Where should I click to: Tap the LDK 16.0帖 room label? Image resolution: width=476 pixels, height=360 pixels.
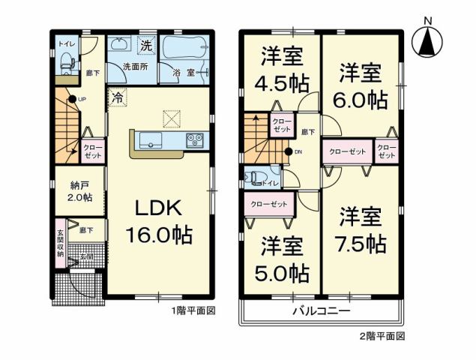(158, 221)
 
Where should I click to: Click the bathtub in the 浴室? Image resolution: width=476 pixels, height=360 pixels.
(184, 52)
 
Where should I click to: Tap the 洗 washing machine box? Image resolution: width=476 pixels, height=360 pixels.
(147, 45)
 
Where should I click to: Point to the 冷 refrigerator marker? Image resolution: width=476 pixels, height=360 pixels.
(118, 97)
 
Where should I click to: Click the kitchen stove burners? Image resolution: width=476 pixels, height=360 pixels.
(195, 139)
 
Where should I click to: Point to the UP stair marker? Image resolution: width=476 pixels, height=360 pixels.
(73, 100)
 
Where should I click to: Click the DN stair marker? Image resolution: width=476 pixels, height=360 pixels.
(290, 153)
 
